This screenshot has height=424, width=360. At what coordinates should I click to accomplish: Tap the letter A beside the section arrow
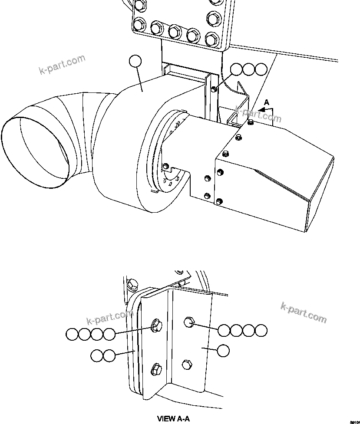267,102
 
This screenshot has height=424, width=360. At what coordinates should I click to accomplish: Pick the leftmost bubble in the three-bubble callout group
236,69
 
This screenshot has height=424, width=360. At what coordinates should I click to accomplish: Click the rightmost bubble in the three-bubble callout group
261,69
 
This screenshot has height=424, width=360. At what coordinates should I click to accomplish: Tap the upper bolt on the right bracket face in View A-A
189,322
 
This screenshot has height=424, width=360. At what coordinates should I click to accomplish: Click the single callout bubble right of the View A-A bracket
223,351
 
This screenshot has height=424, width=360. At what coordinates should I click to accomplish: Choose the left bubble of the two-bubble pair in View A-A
97,356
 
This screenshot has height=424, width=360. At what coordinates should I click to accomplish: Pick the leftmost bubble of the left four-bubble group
72,334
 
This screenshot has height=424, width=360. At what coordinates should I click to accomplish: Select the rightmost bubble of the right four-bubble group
261,330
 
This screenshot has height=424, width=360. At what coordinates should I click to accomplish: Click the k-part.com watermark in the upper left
63,65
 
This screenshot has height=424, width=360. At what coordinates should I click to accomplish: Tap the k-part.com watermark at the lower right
304,312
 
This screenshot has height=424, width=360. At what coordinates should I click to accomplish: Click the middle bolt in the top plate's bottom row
175,30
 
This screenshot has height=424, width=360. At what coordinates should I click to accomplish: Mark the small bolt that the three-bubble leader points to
214,89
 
